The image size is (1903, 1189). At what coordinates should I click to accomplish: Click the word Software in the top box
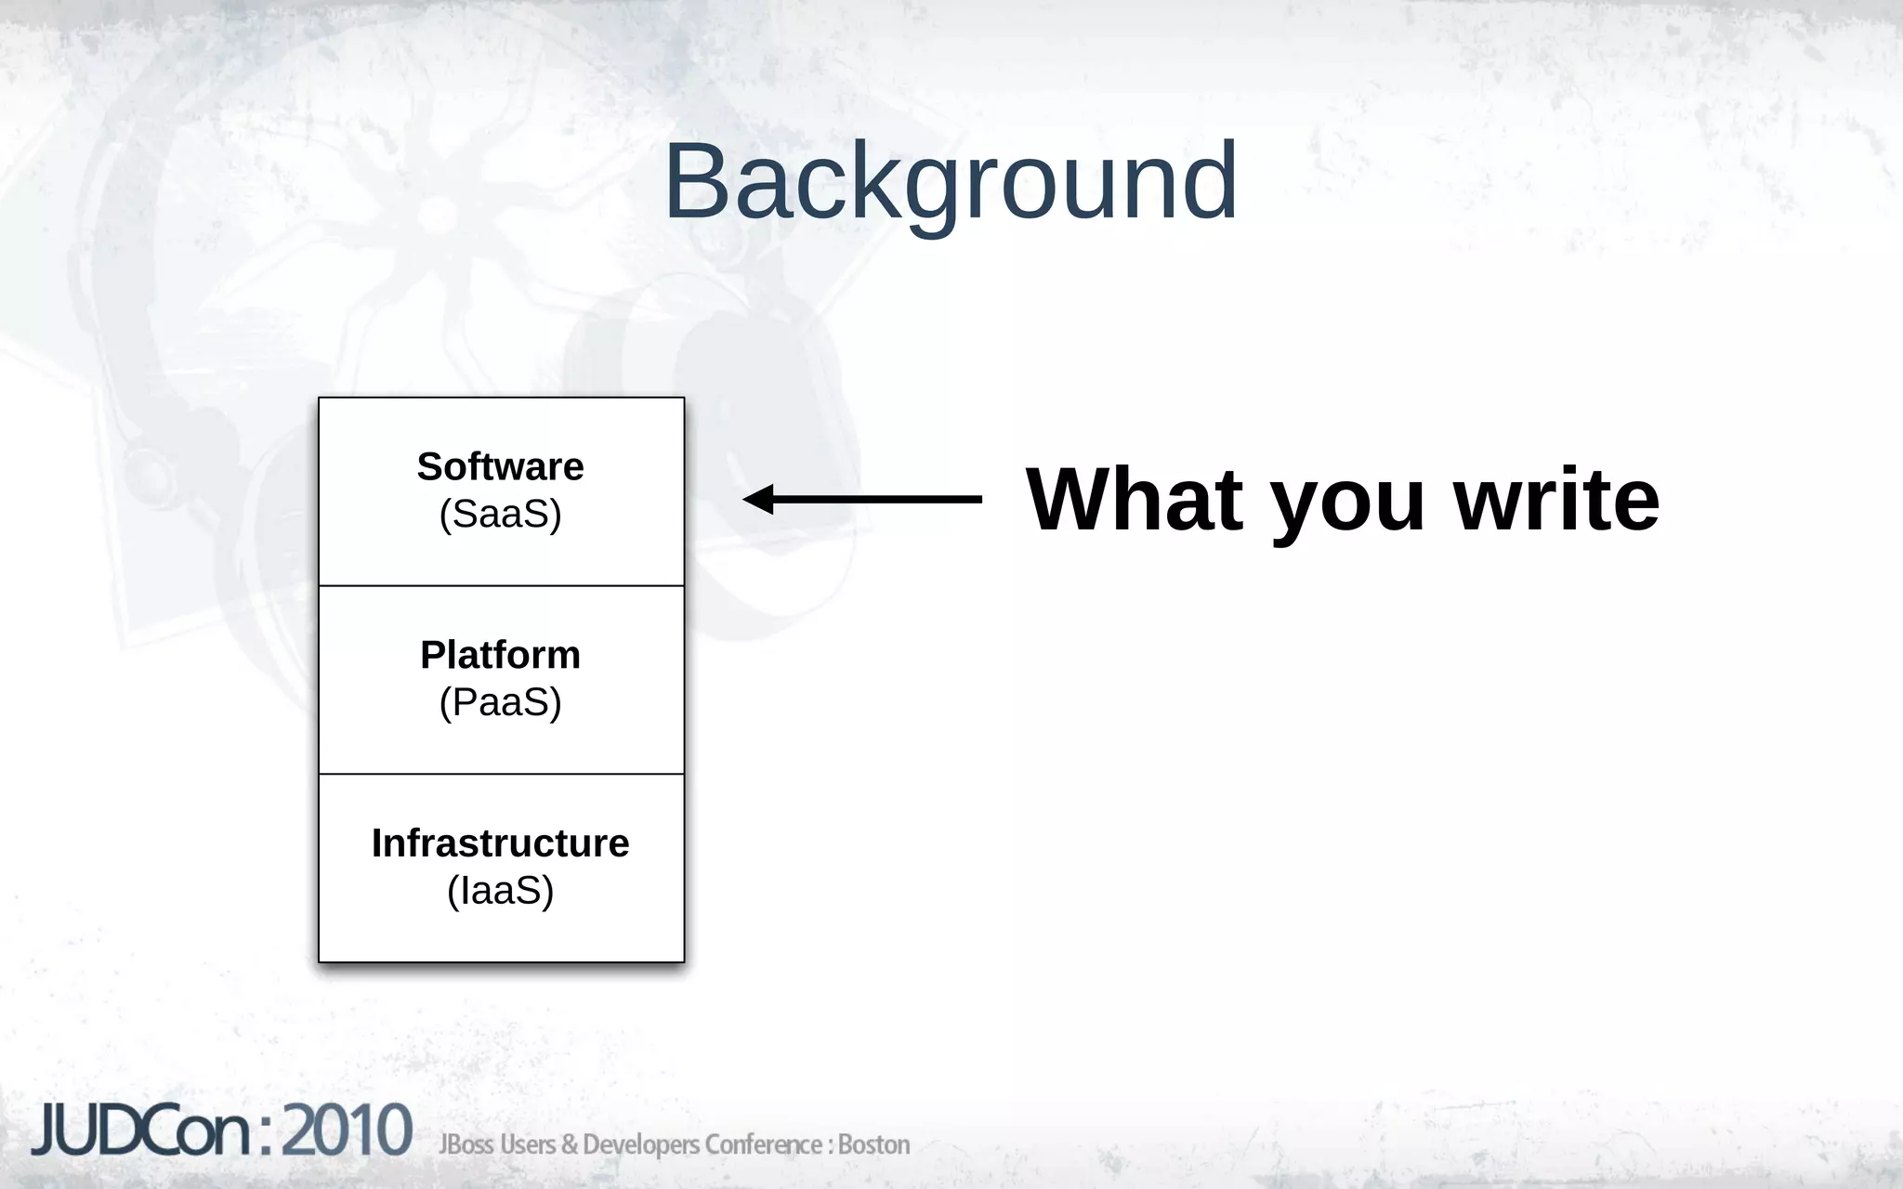pyautogui.click(x=500, y=466)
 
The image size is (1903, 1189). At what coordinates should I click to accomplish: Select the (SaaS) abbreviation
pyautogui.click(x=500, y=514)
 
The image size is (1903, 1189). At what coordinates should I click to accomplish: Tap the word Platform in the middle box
pyautogui.click(x=500, y=655)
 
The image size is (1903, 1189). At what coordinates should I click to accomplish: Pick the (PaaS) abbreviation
pyautogui.click(x=500, y=702)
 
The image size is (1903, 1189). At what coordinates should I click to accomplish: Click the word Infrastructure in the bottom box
pyautogui.click(x=500, y=843)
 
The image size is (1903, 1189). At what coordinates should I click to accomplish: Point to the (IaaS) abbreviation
pyautogui.click(x=500, y=891)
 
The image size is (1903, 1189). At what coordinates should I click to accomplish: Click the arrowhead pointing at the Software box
pyautogui.click(x=756, y=499)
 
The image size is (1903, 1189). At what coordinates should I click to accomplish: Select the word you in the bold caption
pyautogui.click(x=1346, y=502)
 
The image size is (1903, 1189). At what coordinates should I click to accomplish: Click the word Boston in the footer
pyautogui.click(x=873, y=1144)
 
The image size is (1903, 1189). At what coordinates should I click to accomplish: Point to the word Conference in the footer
pyautogui.click(x=762, y=1144)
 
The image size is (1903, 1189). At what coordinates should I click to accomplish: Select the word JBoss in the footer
pyautogui.click(x=466, y=1144)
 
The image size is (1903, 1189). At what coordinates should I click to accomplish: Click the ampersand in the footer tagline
pyautogui.click(x=569, y=1144)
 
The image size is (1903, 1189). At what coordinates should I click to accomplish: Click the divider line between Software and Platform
pyautogui.click(x=501, y=586)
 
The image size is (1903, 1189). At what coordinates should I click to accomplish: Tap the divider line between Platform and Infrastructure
pyautogui.click(x=501, y=774)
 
